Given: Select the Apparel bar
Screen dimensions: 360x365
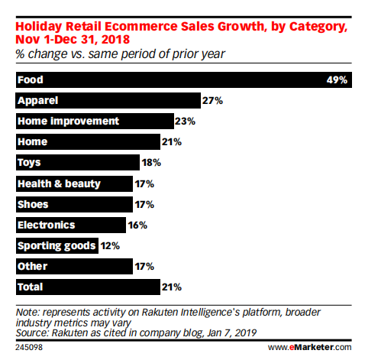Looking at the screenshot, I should tap(107, 100).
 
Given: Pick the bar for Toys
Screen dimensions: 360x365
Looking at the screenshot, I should tap(77, 163).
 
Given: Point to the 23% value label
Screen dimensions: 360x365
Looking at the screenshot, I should tap(185, 121).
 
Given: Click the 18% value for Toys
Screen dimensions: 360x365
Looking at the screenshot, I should tap(151, 163).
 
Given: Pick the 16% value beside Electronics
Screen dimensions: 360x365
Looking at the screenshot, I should tap(137, 225).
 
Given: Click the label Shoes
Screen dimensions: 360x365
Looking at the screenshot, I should tap(34, 204).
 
